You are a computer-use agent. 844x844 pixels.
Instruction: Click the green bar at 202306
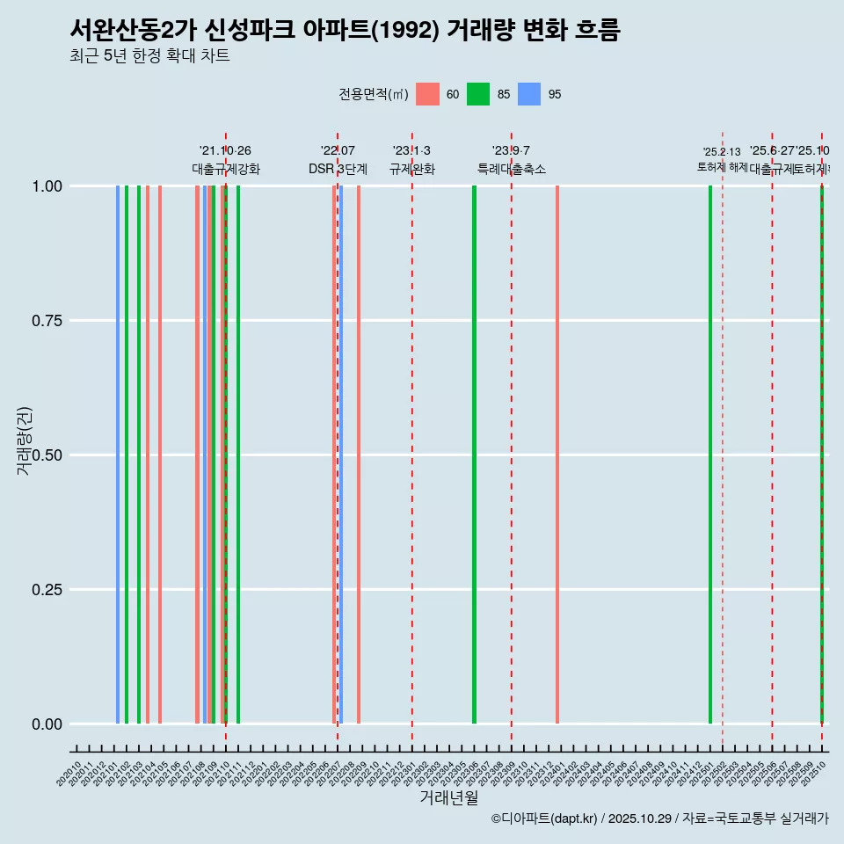[x=474, y=455]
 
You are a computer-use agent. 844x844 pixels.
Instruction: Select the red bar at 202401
[x=557, y=455]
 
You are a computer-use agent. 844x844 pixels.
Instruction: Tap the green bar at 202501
[x=710, y=455]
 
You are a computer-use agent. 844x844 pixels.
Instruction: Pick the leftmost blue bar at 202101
[x=118, y=455]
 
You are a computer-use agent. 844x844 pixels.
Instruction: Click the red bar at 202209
[x=359, y=455]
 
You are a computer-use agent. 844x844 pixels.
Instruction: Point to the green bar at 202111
[x=238, y=455]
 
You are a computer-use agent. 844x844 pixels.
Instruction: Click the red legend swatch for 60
[x=427, y=94]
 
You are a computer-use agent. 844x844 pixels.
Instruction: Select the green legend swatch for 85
[x=478, y=94]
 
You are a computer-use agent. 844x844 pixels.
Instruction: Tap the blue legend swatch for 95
[x=529, y=94]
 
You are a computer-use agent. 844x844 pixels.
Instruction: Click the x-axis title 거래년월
[x=448, y=798]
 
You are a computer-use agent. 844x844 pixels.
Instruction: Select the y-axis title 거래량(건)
[x=25, y=441]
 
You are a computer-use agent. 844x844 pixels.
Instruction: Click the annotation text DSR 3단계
[x=338, y=169]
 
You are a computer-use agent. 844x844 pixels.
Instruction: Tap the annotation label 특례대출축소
[x=512, y=169]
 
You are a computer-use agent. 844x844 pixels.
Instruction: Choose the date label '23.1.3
[x=411, y=151]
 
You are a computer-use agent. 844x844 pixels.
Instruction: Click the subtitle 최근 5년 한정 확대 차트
[x=149, y=56]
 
